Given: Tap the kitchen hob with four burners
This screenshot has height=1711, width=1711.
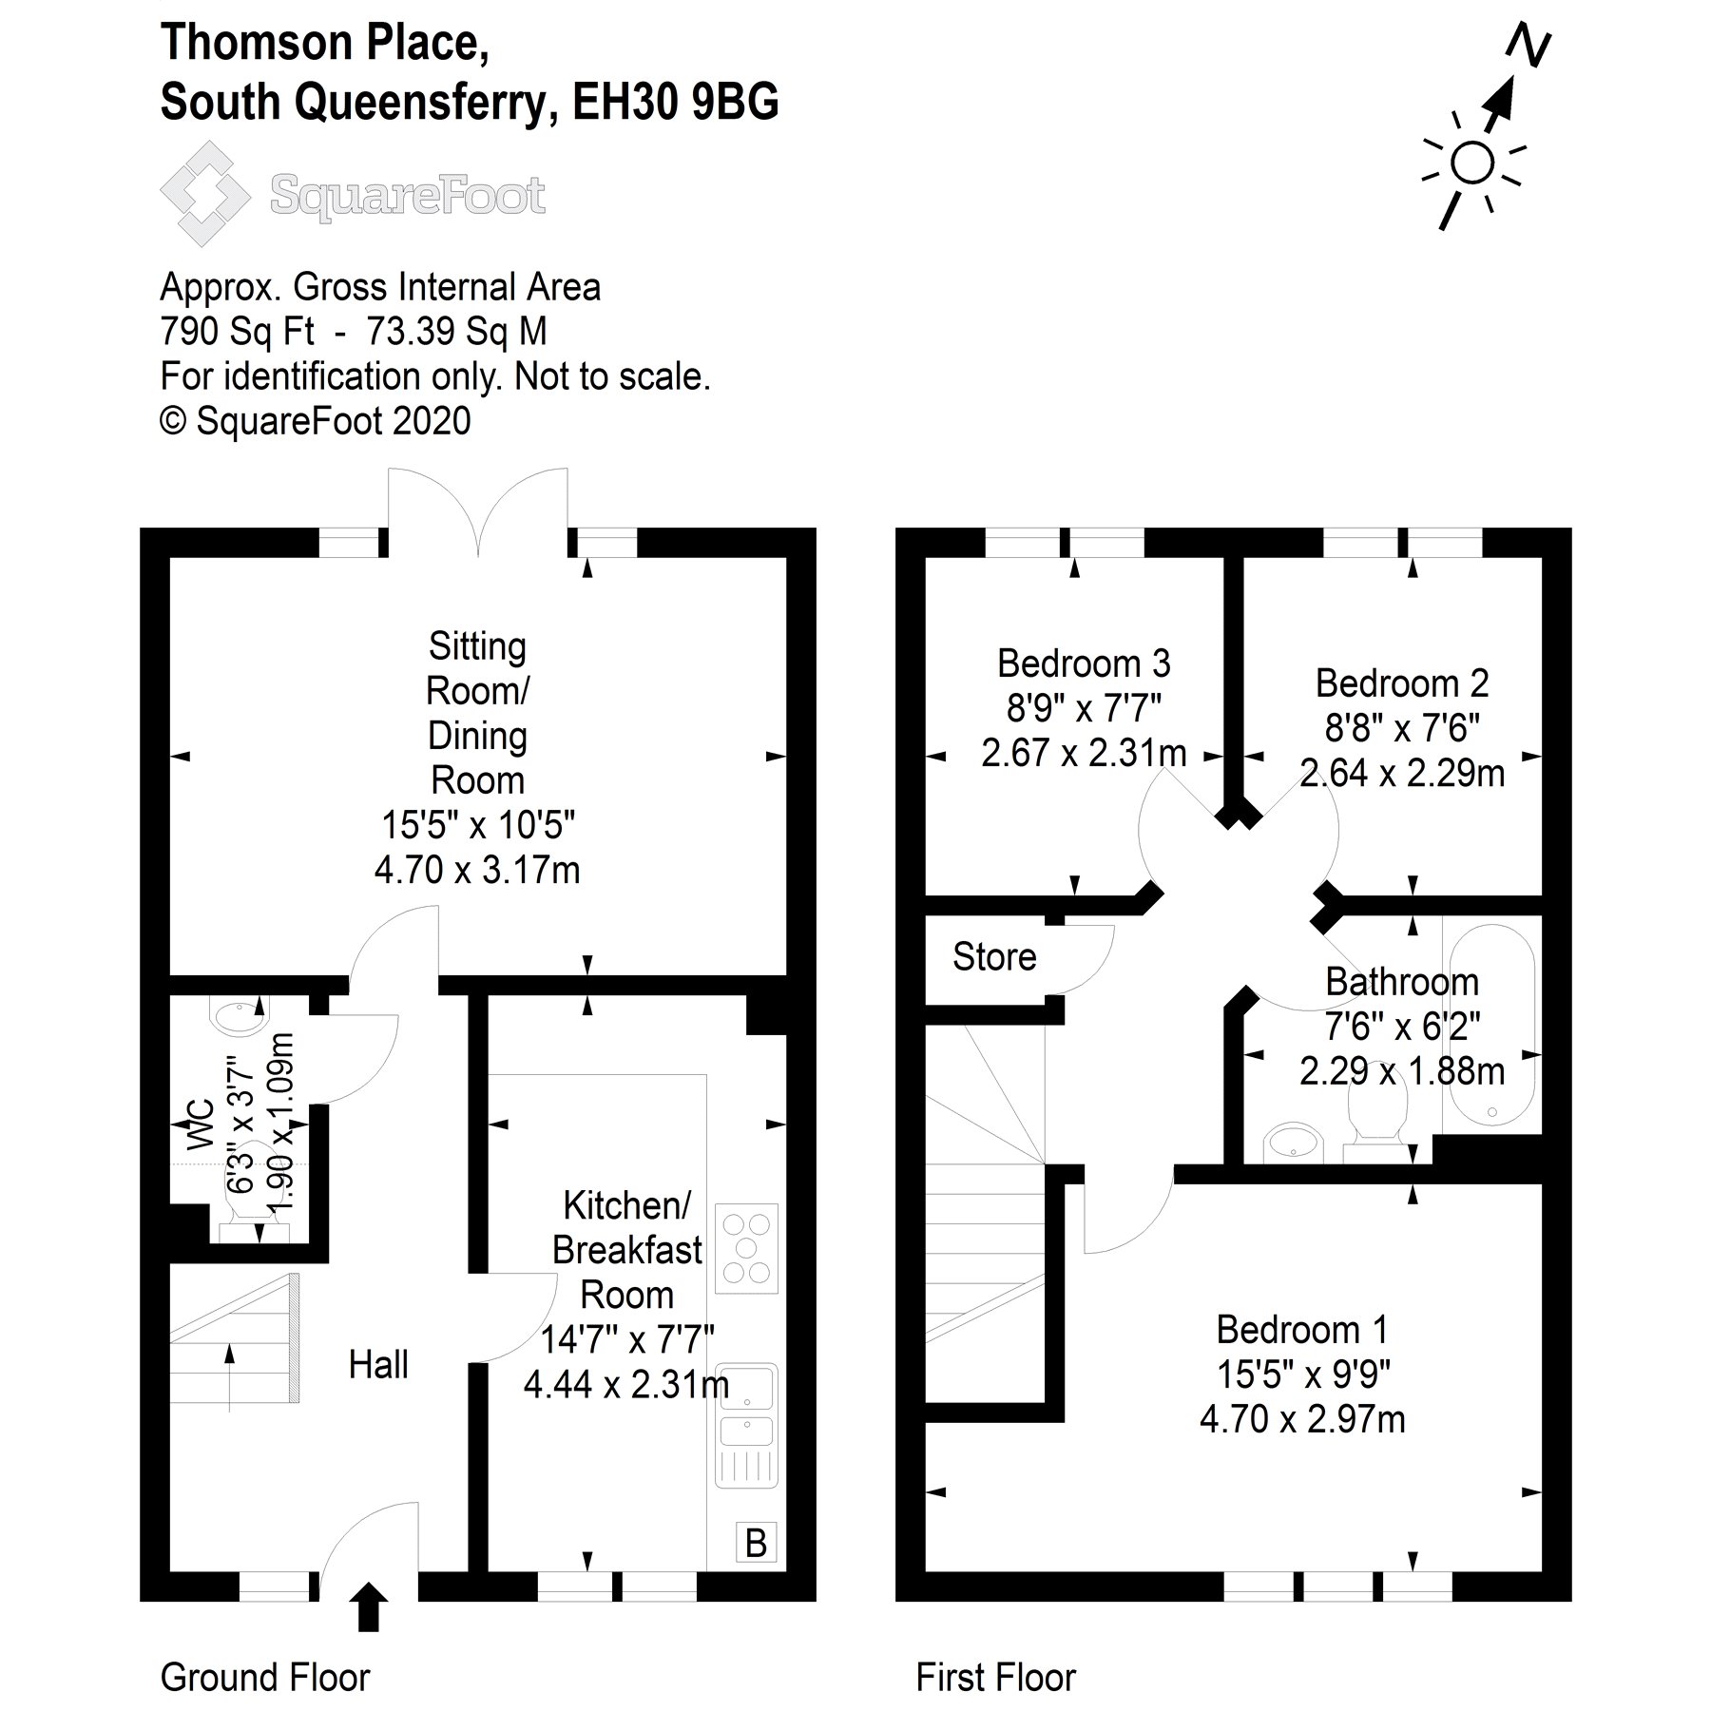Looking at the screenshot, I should [x=746, y=1248].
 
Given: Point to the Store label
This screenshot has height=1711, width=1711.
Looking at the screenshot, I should [x=994, y=957].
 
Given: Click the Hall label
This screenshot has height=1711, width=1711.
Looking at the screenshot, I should [x=378, y=1365].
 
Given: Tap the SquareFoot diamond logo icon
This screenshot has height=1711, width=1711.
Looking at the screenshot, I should [x=204, y=194].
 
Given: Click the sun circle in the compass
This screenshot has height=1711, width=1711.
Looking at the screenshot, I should [x=1472, y=163].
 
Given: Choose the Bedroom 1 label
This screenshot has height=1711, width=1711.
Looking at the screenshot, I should [x=1301, y=1329].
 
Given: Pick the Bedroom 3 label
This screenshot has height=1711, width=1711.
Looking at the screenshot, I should [x=1084, y=663].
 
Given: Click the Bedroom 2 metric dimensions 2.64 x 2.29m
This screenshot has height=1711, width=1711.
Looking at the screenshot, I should [x=1402, y=774].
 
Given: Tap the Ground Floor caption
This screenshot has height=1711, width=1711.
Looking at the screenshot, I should [x=265, y=1678].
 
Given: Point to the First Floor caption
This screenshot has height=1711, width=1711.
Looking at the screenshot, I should [x=995, y=1678].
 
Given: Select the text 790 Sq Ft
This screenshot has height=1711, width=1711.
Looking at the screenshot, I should [x=238, y=331].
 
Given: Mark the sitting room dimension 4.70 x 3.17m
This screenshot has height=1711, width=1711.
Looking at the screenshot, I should [x=477, y=870].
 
